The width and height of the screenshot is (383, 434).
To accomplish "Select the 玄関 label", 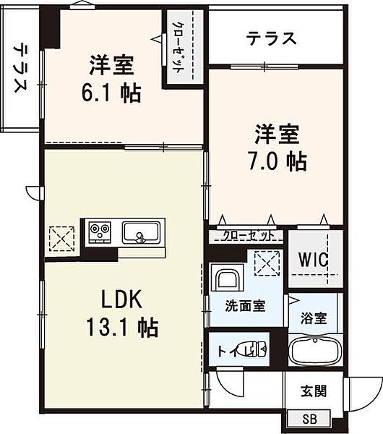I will [314, 391].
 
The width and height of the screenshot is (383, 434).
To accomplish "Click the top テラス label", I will [271, 38].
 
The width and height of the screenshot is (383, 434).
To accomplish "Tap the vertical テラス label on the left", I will [20, 70].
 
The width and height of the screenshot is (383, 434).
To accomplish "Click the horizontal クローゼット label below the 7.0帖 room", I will [248, 236].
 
